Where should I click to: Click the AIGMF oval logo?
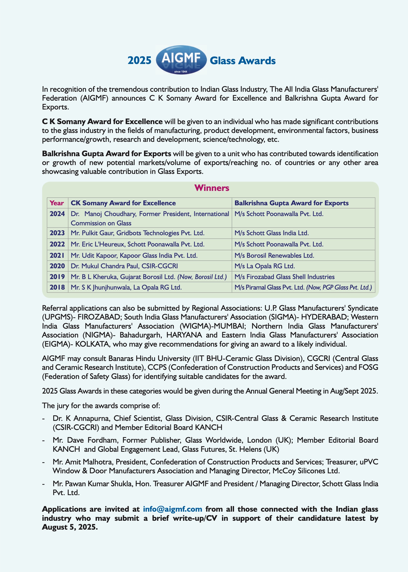[181, 60]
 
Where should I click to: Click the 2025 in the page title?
[139, 61]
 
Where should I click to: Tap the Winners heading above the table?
[212, 188]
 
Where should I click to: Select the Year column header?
[57, 203]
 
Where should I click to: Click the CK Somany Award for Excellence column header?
[123, 203]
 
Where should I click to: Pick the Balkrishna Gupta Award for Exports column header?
[291, 203]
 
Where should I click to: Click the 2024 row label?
[57, 214]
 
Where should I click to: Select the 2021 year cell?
[57, 256]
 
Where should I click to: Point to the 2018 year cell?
[57, 287]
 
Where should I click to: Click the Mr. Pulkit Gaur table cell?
[138, 233]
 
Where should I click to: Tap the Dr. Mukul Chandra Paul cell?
[124, 266]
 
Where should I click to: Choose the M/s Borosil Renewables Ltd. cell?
[274, 256]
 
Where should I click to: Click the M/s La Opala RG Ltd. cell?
[264, 266]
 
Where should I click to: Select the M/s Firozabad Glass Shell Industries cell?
[284, 277]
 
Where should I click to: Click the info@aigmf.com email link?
[172, 509]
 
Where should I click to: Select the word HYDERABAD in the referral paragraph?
[324, 317]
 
